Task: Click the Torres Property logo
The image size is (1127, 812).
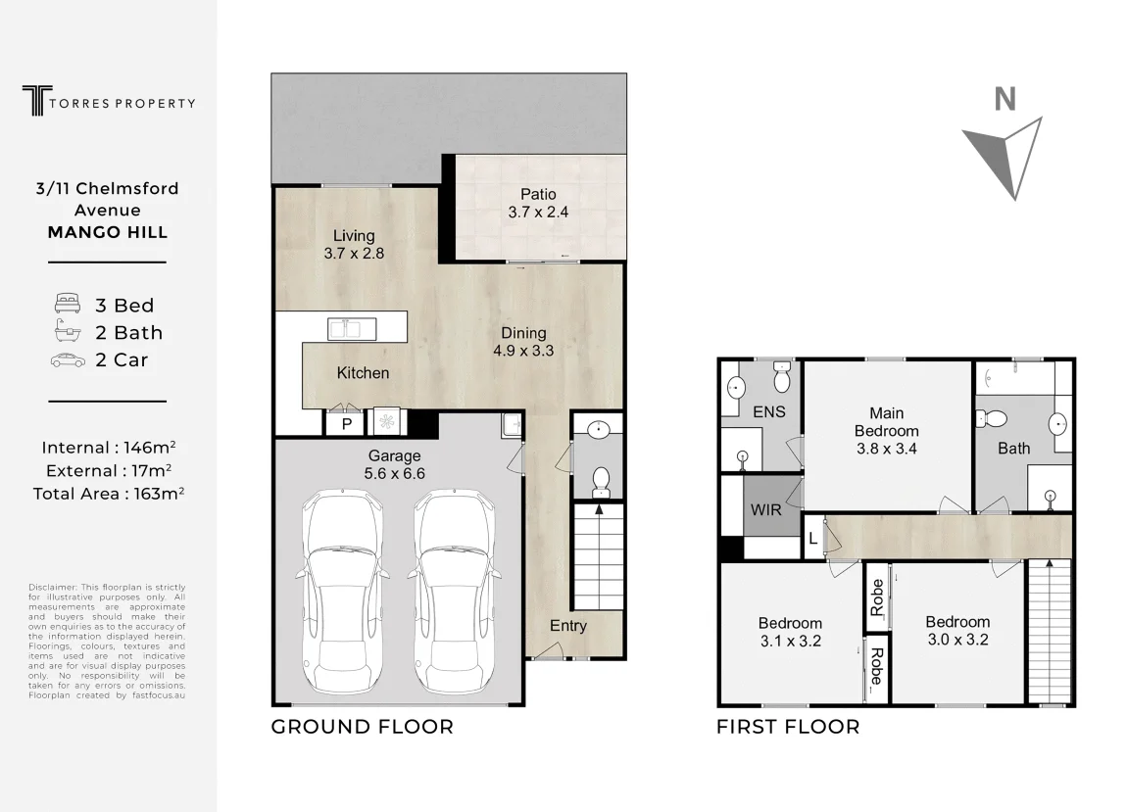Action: point(109,101)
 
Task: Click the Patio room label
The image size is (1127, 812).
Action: point(538,194)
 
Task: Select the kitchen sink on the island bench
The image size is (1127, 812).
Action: point(352,328)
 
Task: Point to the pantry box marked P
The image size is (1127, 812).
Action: point(347,423)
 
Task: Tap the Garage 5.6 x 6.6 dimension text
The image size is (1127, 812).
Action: point(395,473)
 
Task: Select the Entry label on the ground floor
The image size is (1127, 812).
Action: point(568,626)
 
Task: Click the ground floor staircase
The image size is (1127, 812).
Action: point(598,556)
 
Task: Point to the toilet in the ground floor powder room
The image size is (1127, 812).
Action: point(600,482)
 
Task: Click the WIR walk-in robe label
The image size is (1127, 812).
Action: point(765,509)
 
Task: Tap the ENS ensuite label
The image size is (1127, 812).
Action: point(769,411)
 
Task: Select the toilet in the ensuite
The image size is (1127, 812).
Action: point(781,376)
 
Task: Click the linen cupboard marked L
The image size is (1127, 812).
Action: point(812,538)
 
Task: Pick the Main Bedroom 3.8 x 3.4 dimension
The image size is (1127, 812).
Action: point(886,449)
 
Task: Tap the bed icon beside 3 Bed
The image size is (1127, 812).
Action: point(68,304)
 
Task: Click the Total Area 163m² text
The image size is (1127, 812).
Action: point(109,494)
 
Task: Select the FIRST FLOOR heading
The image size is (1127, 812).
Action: point(788,727)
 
